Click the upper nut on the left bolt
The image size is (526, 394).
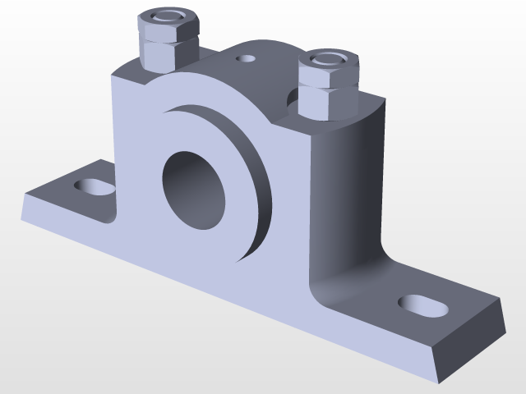click(x=169, y=25)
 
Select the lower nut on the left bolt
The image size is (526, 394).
click(x=168, y=54)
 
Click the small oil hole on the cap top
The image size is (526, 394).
click(x=246, y=59)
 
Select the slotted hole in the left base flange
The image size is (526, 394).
click(x=95, y=187)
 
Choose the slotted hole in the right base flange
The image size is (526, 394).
click(x=424, y=305)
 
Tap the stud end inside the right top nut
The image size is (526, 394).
click(x=328, y=58)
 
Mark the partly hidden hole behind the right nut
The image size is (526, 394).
click(x=292, y=98)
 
